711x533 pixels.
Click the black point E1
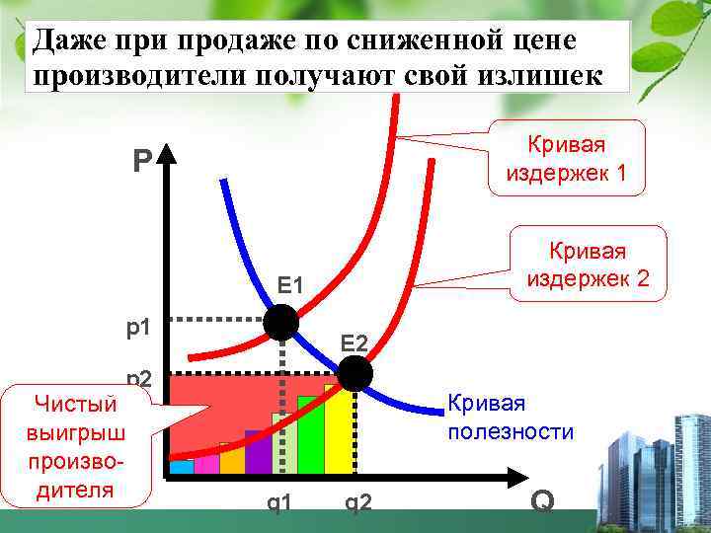click(x=281, y=322)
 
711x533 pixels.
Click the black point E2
click(x=355, y=374)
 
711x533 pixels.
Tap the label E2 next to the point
click(x=355, y=343)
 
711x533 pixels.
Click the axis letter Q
click(x=541, y=501)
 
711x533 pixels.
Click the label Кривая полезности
click(x=511, y=417)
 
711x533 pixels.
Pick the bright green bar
click(x=311, y=436)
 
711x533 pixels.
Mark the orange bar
click(x=232, y=461)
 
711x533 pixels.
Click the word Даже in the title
click(x=65, y=42)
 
